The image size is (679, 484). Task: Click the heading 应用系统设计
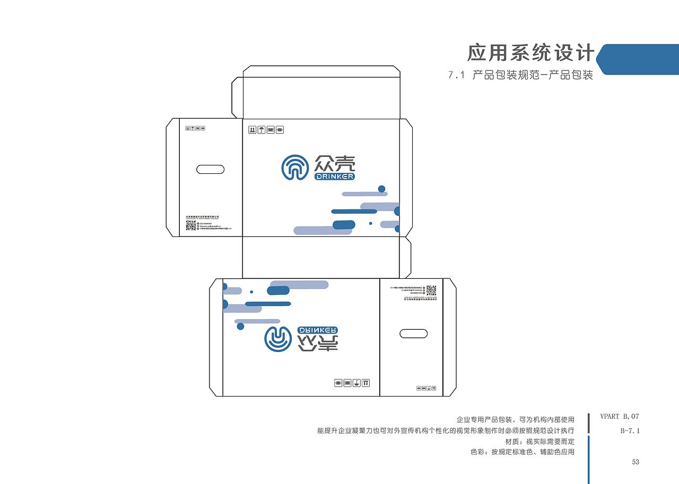click(x=530, y=53)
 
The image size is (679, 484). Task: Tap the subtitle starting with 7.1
click(x=520, y=75)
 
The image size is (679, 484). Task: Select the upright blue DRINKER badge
click(x=334, y=177)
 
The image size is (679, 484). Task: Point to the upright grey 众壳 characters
click(x=335, y=163)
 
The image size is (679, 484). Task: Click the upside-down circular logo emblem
click(x=277, y=339)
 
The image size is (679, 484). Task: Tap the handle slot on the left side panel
click(x=210, y=170)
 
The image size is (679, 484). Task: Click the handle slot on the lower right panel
click(x=413, y=333)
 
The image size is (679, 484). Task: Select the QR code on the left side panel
click(x=191, y=226)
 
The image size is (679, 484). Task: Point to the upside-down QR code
click(x=431, y=290)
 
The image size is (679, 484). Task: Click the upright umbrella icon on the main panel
click(x=262, y=129)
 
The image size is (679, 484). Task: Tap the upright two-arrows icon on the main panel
click(x=253, y=129)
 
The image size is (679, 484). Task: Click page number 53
click(x=636, y=462)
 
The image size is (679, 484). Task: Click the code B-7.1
click(x=630, y=430)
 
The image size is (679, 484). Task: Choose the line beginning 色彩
click(x=523, y=452)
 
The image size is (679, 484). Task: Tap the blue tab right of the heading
click(x=639, y=59)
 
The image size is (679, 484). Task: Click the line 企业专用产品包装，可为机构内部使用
click(x=515, y=419)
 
